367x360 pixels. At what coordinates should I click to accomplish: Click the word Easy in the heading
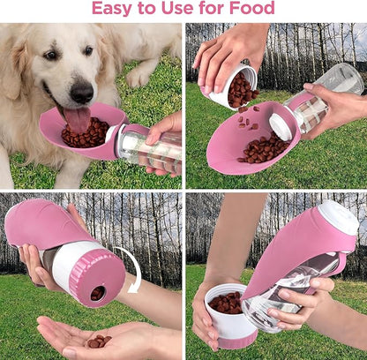112,8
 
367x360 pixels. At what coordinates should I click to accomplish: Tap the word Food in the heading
251,8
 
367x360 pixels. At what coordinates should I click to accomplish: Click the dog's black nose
81,92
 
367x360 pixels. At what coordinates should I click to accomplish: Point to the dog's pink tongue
78,119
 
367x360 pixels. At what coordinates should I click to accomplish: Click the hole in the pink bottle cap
98,293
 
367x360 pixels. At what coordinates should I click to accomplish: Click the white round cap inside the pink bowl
281,127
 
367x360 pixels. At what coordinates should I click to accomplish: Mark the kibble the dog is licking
86,133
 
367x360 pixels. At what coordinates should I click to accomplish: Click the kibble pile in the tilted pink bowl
263,149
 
